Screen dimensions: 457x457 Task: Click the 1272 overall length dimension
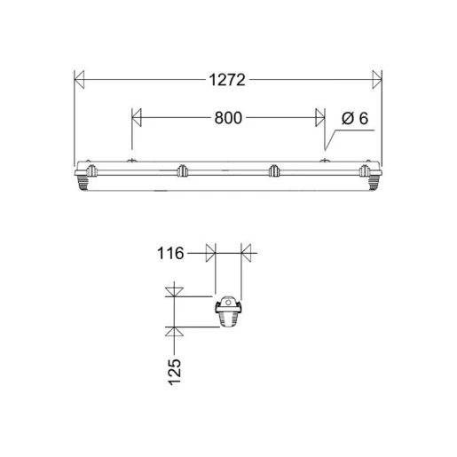coord(227,81)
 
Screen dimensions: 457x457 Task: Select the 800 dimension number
coord(227,117)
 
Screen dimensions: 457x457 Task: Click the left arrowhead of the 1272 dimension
coord(79,81)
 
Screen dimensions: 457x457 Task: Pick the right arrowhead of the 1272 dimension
coord(376,81)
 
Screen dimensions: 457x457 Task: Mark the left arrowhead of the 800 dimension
coord(137,117)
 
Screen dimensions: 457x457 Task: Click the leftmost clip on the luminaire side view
coord(91,169)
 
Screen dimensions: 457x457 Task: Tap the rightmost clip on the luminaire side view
coord(363,169)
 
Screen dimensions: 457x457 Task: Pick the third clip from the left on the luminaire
coord(274,169)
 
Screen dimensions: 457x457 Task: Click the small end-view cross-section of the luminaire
coord(228,312)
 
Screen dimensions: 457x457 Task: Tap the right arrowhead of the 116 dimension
coord(247,254)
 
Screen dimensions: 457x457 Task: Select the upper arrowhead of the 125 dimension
coord(175,290)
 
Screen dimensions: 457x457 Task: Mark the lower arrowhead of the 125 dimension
coord(175,331)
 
